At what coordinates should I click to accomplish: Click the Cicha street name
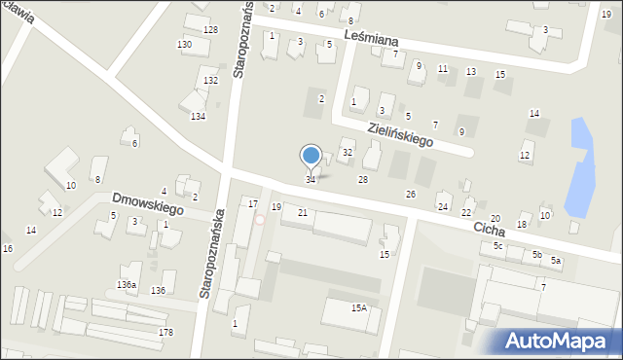489,231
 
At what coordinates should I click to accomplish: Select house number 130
184,46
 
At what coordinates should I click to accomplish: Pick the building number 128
210,30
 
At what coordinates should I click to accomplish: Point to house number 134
198,117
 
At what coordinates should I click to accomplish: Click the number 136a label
127,284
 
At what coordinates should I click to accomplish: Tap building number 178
166,333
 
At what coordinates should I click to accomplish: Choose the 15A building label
359,307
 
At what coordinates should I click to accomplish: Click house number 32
348,153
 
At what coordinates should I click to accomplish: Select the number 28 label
363,180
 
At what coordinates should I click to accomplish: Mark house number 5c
497,246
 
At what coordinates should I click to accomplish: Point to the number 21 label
303,212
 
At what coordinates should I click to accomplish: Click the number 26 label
411,195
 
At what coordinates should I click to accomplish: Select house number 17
253,203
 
